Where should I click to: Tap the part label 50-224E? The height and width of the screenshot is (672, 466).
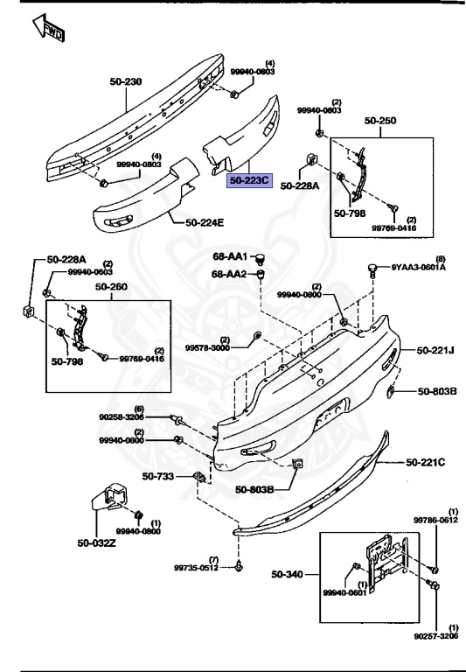pyautogui.click(x=205, y=222)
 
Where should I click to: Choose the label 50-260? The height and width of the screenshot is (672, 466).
pyautogui.click(x=111, y=286)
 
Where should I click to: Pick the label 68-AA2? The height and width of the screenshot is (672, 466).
pyautogui.click(x=230, y=274)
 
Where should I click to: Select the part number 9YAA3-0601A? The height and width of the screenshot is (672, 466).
pyautogui.click(x=418, y=268)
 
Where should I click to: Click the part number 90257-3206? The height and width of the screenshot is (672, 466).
pyautogui.click(x=435, y=637)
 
